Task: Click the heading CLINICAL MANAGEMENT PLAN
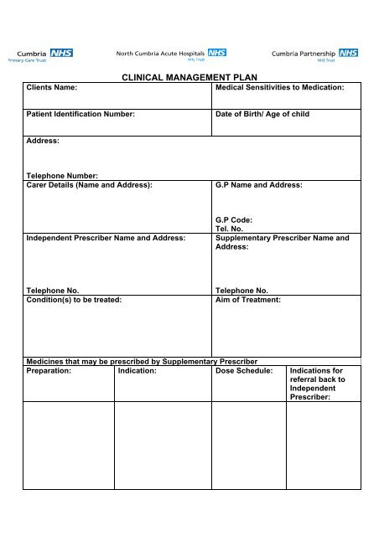click(189, 77)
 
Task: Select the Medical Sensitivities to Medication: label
click(280, 87)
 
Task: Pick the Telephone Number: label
click(62, 176)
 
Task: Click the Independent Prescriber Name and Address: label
click(106, 238)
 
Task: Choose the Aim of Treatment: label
click(248, 299)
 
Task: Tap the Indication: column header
click(140, 369)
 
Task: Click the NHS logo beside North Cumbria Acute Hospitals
click(217, 52)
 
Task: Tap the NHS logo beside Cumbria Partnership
click(349, 53)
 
